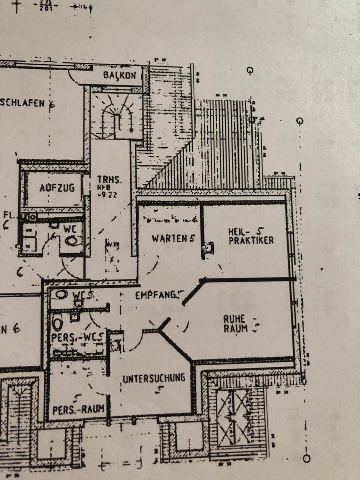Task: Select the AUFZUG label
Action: pyautogui.click(x=57, y=188)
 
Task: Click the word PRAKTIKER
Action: pyautogui.click(x=251, y=240)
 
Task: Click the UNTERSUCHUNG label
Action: pyautogui.click(x=154, y=377)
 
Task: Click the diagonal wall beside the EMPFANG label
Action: pyautogui.click(x=192, y=292)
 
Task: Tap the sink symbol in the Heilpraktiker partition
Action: pyautogui.click(x=208, y=247)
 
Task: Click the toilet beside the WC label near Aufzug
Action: pyautogui.click(x=73, y=241)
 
